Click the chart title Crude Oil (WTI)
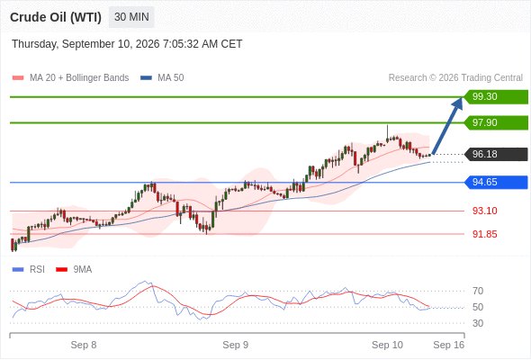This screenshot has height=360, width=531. coord(56,17)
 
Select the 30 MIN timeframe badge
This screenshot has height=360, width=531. coord(131,17)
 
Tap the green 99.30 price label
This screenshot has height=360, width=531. coord(496,97)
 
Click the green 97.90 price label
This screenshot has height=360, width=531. coord(496,122)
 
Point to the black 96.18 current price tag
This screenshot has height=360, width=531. coord(496,155)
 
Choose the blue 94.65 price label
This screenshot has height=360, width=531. coord(496,182)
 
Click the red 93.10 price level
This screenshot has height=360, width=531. coord(484,211)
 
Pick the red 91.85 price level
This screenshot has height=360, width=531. coord(484,234)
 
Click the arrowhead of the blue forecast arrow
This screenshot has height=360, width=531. coord(458,103)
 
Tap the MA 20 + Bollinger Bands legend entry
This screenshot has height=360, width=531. coord(70,78)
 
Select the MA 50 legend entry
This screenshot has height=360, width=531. coord(162,78)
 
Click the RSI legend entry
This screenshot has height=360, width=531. coord(29,270)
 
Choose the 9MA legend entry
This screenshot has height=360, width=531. coord(74,270)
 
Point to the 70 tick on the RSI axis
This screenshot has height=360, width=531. coord(478,291)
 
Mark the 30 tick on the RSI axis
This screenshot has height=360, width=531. coord(478,323)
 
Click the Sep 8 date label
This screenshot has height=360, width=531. coord(84,345)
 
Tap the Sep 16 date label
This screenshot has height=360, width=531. coord(449,345)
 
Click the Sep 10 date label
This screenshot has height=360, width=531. coord(387,345)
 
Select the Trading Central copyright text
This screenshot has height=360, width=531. coord(455,78)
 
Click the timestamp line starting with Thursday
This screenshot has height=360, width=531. coord(127,44)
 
